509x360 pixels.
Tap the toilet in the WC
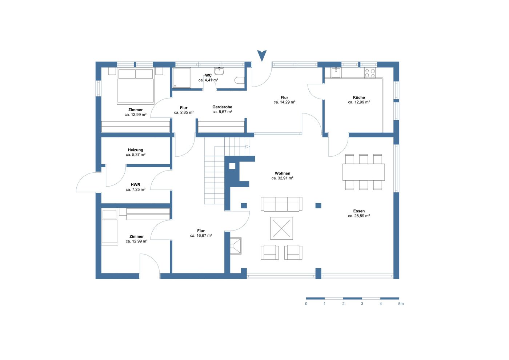pos(240,80)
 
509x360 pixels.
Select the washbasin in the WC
pos(219,71)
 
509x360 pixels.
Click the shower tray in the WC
pos(181,78)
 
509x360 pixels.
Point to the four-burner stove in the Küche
pos(370,73)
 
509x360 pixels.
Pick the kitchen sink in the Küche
pos(336,73)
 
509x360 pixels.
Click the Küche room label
pos(359,97)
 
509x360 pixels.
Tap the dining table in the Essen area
pos(364,172)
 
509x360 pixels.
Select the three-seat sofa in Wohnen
pos(281,204)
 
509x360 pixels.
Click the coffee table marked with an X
pos(281,228)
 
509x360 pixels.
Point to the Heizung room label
pos(135,150)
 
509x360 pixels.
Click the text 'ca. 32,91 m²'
pos(282,178)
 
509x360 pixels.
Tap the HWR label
pos(135,185)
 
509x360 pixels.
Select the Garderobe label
pos(222,107)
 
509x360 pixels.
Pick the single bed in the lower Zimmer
pos(109,227)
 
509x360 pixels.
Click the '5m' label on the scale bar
pos(401,304)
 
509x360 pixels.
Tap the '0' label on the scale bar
pos(306,304)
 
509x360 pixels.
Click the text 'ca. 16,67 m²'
pos(201,236)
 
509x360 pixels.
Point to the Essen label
pos(359,211)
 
